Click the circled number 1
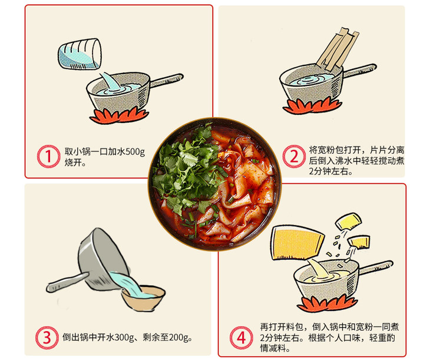pos(48,156)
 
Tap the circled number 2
pos(294,156)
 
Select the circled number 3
pos(47,338)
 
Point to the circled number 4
pos(241,338)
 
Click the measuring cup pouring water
pos(80,54)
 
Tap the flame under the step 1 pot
pos(119,115)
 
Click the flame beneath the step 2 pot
pos(312,106)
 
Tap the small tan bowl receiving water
pos(143,298)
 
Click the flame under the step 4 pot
pos(327,303)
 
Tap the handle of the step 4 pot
pos(376,267)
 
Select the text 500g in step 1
pos(135,152)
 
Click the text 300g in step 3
pos(124,337)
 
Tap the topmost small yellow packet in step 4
pos(348,221)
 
